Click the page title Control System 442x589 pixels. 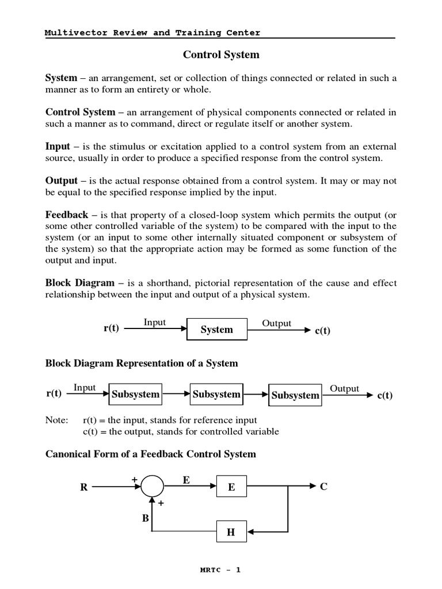(x=221, y=55)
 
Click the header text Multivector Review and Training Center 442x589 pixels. (x=153, y=33)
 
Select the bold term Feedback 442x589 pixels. (x=67, y=215)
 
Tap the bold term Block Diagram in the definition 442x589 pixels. (x=80, y=283)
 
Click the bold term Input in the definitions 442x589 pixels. (x=58, y=146)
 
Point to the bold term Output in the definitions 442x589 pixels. (x=62, y=181)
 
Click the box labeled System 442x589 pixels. (x=217, y=330)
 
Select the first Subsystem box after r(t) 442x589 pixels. (x=136, y=395)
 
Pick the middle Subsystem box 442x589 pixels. (x=216, y=395)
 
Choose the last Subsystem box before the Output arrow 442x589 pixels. (x=295, y=395)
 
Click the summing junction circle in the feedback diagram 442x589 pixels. (x=153, y=487)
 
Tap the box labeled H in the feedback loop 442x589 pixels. (x=231, y=532)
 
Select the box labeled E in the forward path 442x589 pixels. (x=231, y=487)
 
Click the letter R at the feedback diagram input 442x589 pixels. (x=84, y=487)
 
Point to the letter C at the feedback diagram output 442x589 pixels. (x=323, y=487)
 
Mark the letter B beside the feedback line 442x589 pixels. (x=146, y=518)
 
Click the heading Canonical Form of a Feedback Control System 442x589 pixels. (x=151, y=454)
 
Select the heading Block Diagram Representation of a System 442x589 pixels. (x=142, y=364)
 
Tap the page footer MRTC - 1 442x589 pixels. (x=220, y=570)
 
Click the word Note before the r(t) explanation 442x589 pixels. (x=56, y=420)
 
